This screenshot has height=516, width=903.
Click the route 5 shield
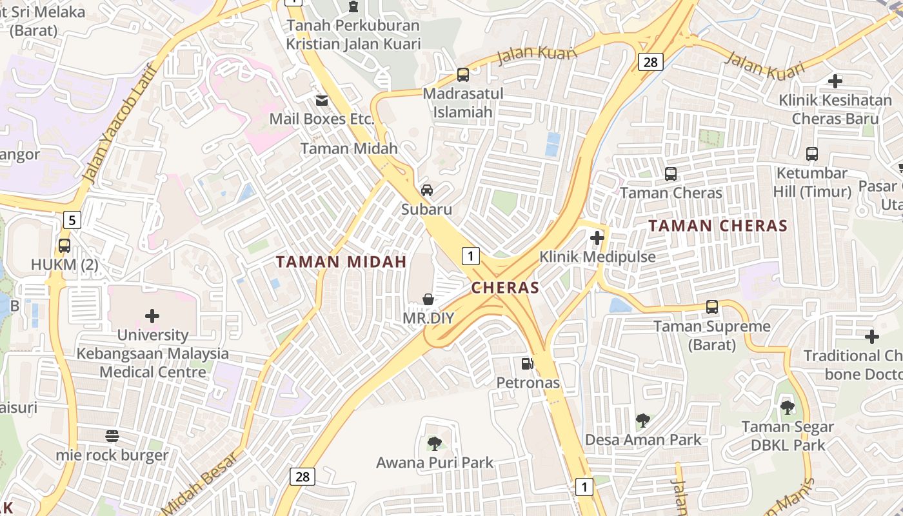pos(72,221)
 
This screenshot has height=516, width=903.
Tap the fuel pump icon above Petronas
pos(528,364)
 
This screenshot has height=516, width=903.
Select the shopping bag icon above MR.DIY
pos(428,299)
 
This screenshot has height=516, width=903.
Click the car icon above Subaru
pos(427,190)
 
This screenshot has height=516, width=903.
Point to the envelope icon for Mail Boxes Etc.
pos(321,101)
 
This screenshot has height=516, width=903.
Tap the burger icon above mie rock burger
pos(112,436)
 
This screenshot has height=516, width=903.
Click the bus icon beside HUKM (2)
pos(64,245)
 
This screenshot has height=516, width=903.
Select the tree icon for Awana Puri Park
pos(435,444)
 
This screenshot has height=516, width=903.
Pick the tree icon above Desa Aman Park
pos(642,421)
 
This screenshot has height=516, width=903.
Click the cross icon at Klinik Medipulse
pos(597,238)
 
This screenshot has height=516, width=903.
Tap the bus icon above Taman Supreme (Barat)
pos(712,307)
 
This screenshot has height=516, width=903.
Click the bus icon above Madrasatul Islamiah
pos(463,74)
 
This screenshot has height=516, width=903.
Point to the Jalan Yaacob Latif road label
pos(121,123)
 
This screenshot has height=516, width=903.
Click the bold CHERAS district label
pos(505,288)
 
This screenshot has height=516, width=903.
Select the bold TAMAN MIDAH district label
pos(341,262)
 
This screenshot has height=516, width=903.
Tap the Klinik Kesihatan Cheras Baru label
pos(835,110)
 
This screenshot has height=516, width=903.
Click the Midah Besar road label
pos(199,481)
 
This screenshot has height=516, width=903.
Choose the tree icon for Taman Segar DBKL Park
pos(787,408)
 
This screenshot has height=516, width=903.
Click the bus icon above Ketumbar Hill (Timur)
pos(812,154)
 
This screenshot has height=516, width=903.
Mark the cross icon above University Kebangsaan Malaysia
pos(152,316)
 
